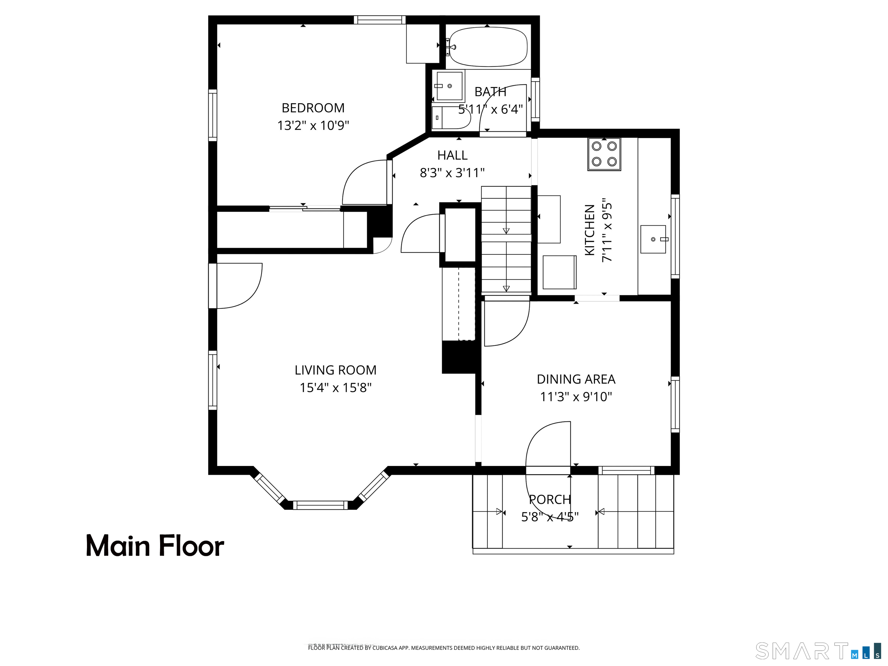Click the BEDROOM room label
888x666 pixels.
[313, 108]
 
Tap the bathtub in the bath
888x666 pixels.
[488, 47]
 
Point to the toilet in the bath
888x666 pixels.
[450, 118]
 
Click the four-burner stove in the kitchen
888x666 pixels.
[604, 154]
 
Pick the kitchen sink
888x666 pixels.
[654, 239]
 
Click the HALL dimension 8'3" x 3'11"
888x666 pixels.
[452, 173]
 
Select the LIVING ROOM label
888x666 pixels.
[335, 370]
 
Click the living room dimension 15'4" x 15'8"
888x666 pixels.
[336, 388]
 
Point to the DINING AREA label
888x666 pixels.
[576, 379]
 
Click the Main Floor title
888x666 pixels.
[155, 546]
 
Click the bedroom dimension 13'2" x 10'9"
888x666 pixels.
[313, 126]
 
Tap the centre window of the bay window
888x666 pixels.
[320, 505]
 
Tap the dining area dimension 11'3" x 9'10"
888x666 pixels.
[576, 397]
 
